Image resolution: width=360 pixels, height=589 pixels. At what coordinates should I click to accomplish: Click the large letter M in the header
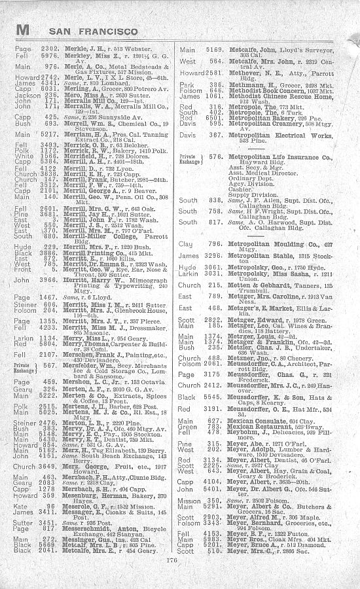[24, 30]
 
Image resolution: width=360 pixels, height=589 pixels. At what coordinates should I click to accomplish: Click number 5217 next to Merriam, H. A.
[50, 134]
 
